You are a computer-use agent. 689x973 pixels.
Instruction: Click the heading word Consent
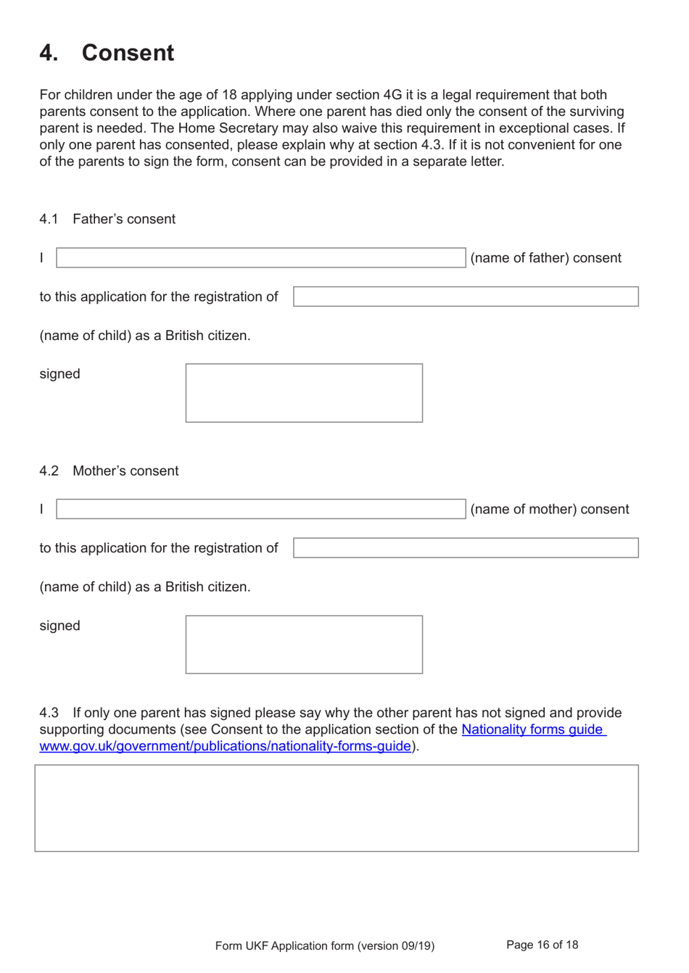pyautogui.click(x=128, y=53)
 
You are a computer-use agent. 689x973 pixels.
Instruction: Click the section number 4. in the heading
pyautogui.click(x=49, y=53)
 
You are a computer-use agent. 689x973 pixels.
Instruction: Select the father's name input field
pyautogui.click(x=260, y=257)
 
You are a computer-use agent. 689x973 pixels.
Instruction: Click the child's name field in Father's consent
pyautogui.click(x=466, y=297)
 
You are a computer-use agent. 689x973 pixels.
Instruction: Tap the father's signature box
pyautogui.click(x=304, y=393)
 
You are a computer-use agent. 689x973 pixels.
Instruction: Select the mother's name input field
pyautogui.click(x=260, y=509)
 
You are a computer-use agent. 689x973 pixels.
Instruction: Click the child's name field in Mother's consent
pyautogui.click(x=466, y=548)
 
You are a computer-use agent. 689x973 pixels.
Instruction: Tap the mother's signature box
pyautogui.click(x=304, y=645)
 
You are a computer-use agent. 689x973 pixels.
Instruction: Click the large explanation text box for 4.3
pyautogui.click(x=337, y=808)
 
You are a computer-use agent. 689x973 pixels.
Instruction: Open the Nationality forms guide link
pyautogui.click(x=532, y=729)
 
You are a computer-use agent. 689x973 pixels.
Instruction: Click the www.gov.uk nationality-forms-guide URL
pyautogui.click(x=225, y=746)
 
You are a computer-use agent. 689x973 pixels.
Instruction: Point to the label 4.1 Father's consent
pyautogui.click(x=107, y=219)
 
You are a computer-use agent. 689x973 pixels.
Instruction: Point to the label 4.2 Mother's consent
pyautogui.click(x=109, y=471)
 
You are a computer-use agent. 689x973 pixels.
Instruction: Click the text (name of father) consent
pyautogui.click(x=545, y=258)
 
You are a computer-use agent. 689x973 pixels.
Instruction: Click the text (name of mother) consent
pyautogui.click(x=550, y=510)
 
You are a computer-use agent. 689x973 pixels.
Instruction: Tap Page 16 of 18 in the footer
pyautogui.click(x=542, y=945)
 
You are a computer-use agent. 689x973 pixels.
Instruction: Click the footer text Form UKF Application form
pyautogui.click(x=324, y=945)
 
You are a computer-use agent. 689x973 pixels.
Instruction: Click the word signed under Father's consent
pyautogui.click(x=59, y=374)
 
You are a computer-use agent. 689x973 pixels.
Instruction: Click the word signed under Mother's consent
pyautogui.click(x=59, y=626)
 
